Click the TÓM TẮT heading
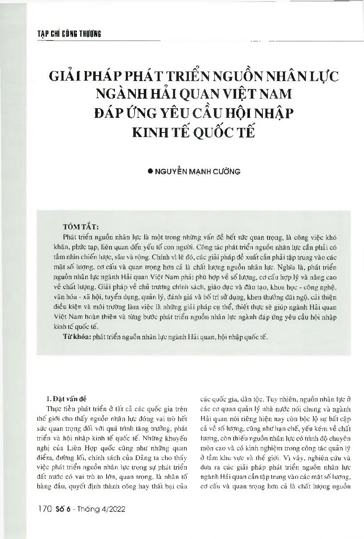(80, 227)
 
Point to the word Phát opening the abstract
(70, 236)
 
